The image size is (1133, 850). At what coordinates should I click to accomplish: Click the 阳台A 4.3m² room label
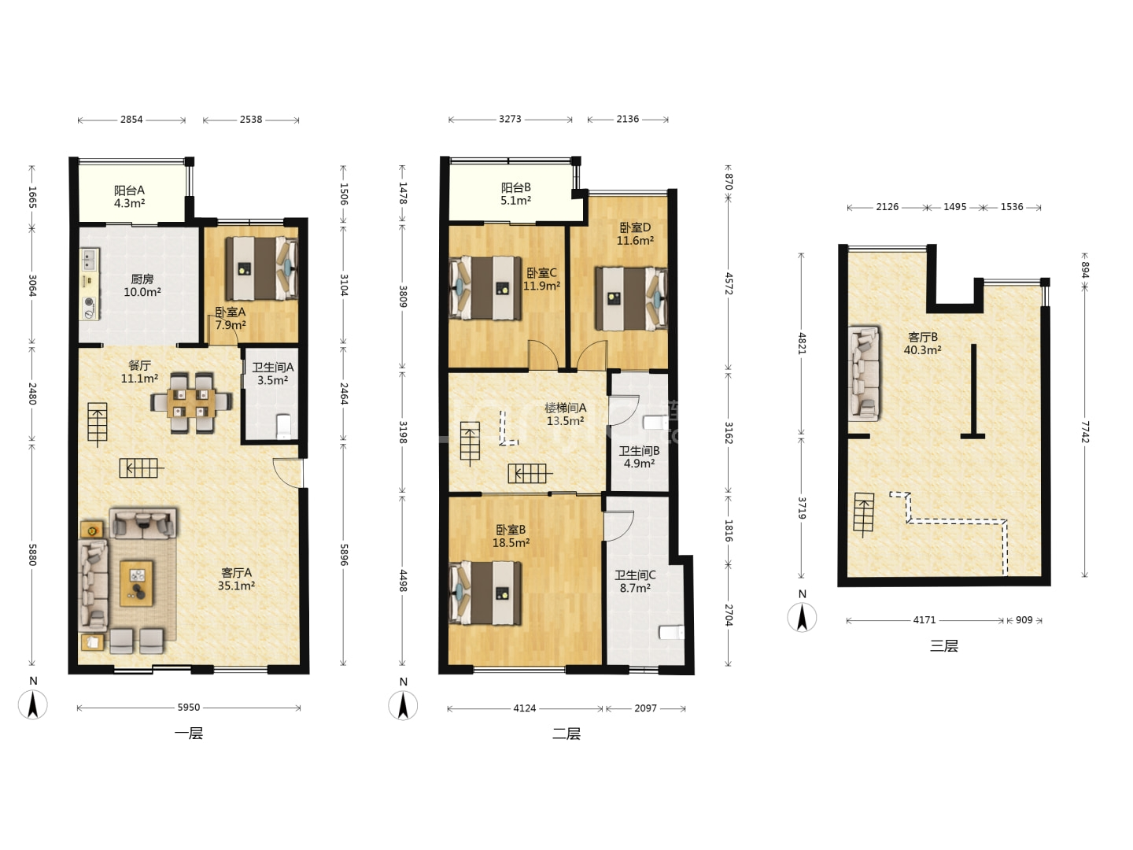pyautogui.click(x=129, y=197)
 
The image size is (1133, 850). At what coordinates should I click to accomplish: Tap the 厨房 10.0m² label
pyautogui.click(x=142, y=286)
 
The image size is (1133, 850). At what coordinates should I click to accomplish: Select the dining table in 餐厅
pyautogui.click(x=191, y=403)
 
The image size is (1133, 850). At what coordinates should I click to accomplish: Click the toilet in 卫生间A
pyautogui.click(x=284, y=427)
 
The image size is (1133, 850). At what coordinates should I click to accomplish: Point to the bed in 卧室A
pyautogui.click(x=262, y=268)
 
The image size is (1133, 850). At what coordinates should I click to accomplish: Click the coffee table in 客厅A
pyautogui.click(x=137, y=583)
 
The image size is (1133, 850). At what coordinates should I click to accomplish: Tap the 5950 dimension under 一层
pyautogui.click(x=188, y=707)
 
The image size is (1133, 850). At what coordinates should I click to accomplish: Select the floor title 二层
pyautogui.click(x=566, y=734)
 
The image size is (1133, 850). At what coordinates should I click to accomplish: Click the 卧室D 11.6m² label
pyautogui.click(x=635, y=234)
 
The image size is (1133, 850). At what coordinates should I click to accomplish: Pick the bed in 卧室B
pyautogui.click(x=485, y=593)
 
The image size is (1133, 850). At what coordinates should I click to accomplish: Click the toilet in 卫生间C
pyautogui.click(x=672, y=632)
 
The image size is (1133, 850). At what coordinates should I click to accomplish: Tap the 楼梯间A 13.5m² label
pyautogui.click(x=565, y=415)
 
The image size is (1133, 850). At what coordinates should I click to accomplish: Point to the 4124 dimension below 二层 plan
pyautogui.click(x=525, y=708)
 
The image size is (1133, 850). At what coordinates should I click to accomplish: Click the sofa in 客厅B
pyautogui.click(x=864, y=373)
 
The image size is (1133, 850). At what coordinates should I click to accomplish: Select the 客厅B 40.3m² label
pyautogui.click(x=922, y=343)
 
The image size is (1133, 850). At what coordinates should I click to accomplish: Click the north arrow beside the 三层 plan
pyautogui.click(x=802, y=617)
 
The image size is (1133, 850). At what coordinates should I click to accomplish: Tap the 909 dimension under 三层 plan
pyautogui.click(x=1024, y=620)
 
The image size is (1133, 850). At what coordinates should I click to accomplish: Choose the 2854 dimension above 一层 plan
pyautogui.click(x=131, y=119)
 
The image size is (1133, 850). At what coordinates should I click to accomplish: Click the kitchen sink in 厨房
pyautogui.click(x=89, y=260)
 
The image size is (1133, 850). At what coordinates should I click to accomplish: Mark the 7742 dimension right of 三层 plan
pyautogui.click(x=1084, y=431)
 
